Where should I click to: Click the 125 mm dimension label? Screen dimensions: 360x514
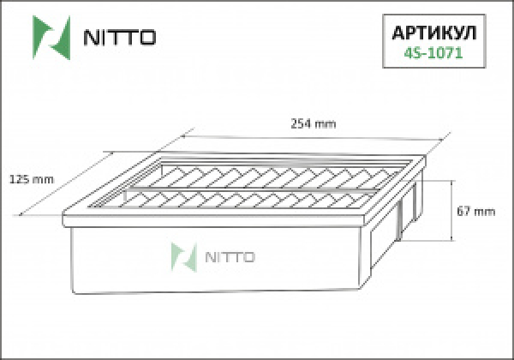pyautogui.click(x=31, y=178)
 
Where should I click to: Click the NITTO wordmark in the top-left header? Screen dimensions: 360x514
pyautogui.click(x=118, y=37)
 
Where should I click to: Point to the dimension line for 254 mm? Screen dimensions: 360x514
pyautogui.click(x=317, y=135)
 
